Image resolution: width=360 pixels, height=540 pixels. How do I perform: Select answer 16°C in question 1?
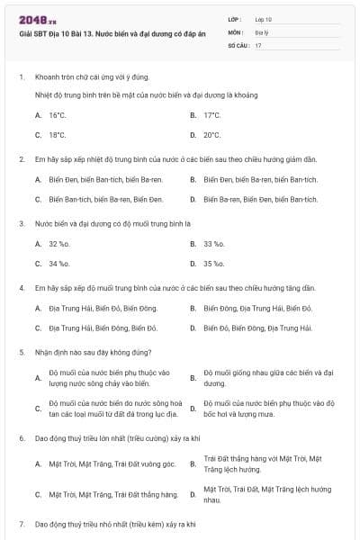pyautogui.click(x=57, y=115)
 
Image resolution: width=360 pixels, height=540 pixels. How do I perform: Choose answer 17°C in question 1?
pyautogui.click(x=211, y=115)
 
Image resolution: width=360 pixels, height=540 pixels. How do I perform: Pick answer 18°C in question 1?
pyautogui.click(x=57, y=135)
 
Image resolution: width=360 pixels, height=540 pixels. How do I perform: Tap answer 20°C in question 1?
pyautogui.click(x=211, y=135)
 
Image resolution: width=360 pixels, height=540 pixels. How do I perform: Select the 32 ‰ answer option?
pyautogui.click(x=58, y=244)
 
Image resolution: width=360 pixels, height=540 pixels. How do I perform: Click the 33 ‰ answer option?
pyautogui.click(x=213, y=244)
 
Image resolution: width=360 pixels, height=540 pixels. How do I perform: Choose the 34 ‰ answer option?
pyautogui.click(x=58, y=264)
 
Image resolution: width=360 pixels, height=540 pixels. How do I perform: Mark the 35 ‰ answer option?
pyautogui.click(x=213, y=264)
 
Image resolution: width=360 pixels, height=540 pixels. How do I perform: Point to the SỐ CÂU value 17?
pyautogui.click(x=258, y=44)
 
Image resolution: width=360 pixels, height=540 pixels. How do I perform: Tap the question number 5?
pyautogui.click(x=21, y=352)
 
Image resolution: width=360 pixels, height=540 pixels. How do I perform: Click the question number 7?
pyautogui.click(x=21, y=523)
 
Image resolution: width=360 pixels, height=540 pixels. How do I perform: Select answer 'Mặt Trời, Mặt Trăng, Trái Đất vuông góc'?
pyautogui.click(x=106, y=463)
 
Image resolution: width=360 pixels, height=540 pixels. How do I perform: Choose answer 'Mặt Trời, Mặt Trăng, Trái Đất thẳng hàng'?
pyautogui.click(x=107, y=494)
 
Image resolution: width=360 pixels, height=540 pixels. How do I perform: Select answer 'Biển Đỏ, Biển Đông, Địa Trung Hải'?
pyautogui.click(x=256, y=328)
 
